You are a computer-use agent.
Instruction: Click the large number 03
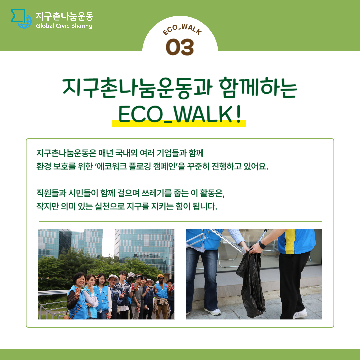click(180, 47)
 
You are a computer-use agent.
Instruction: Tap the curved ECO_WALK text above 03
click(182, 29)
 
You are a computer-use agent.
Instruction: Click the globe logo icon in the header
click(21, 19)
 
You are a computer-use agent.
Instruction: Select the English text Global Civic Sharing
click(64, 26)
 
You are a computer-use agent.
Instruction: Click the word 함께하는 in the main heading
click(258, 88)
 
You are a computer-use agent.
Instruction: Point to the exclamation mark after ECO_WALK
click(239, 114)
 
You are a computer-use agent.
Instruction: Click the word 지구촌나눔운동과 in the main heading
click(138, 88)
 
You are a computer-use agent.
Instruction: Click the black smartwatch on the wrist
click(262, 245)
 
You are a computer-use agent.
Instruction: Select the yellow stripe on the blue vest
click(290, 241)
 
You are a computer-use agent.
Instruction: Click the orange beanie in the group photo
click(160, 276)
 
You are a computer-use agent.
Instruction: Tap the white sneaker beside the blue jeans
click(213, 311)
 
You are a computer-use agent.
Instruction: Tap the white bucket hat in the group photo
click(113, 277)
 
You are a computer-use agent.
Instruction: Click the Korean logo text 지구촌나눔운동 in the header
click(65, 16)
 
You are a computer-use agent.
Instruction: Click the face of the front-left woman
click(80, 280)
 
